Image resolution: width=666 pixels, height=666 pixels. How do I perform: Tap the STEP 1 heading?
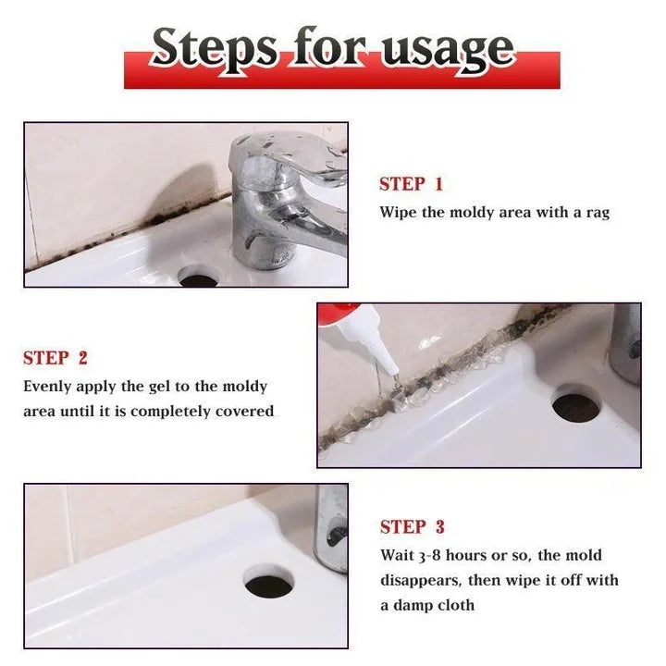point(411,184)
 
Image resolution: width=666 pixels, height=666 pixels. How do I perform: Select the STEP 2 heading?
point(55,358)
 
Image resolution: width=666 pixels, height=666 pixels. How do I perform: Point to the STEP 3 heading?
point(412,527)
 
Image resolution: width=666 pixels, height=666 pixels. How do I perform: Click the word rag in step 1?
point(597,213)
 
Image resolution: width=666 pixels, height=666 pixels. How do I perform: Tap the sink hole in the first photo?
point(195,276)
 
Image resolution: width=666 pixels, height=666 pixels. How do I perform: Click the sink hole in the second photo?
point(575,404)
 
